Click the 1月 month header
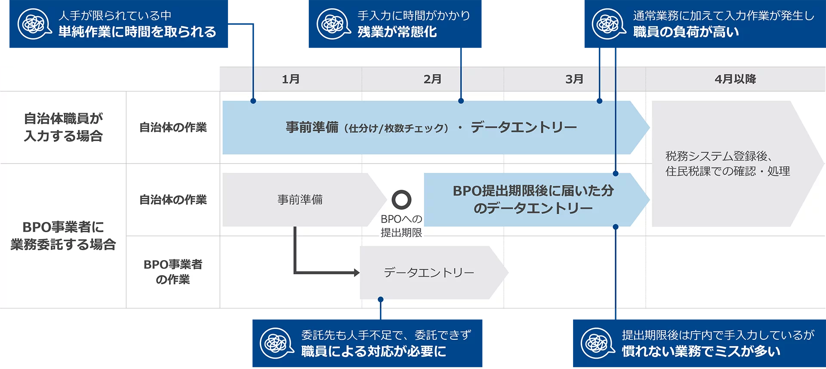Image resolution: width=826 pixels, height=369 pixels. [291, 79]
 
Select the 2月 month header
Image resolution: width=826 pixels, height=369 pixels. [432, 79]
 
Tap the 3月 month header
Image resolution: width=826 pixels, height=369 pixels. [574, 79]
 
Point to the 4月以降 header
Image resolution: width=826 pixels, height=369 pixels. [735, 79]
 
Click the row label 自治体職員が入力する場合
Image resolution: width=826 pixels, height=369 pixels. [63, 127]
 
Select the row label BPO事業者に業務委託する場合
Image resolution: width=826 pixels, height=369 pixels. [63, 236]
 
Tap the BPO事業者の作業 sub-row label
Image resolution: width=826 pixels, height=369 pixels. [173, 272]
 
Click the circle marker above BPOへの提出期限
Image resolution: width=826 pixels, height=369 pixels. [401, 200]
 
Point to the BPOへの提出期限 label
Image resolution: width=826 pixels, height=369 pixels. [401, 226]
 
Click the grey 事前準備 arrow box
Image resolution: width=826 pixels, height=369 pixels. [300, 200]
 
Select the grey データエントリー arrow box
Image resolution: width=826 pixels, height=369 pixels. [429, 273]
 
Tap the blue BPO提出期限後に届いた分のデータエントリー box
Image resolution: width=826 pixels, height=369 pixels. [533, 200]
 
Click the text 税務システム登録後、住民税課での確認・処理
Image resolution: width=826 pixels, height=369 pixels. [727, 164]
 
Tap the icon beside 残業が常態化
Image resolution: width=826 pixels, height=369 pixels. [333, 24]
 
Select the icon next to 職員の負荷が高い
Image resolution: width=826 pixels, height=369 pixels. [608, 24]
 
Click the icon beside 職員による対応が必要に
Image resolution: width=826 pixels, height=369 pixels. [277, 343]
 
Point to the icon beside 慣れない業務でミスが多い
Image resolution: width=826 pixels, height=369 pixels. [598, 343]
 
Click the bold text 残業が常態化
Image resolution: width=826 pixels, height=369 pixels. [397, 32]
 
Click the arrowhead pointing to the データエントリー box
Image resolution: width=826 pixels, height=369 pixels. [356, 273]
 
